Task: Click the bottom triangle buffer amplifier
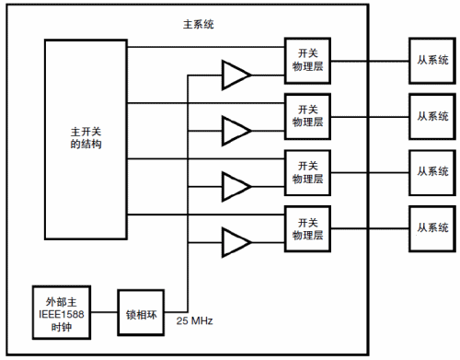(x=236, y=242)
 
